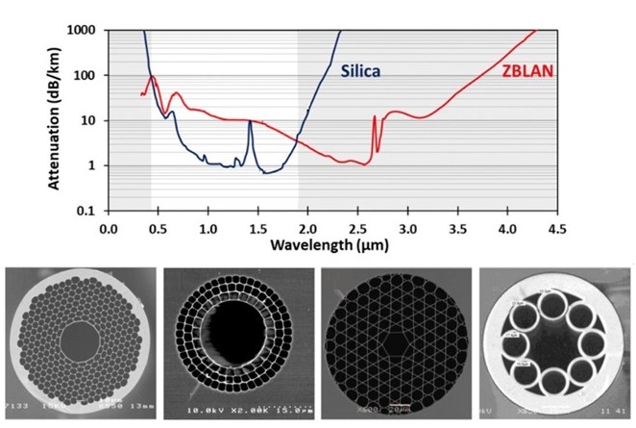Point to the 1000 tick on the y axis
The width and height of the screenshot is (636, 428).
(86, 31)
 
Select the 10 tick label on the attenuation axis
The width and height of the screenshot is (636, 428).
(91, 121)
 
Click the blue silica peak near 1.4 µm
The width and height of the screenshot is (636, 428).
(251, 121)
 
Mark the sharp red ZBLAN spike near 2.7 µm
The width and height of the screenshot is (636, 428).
(374, 117)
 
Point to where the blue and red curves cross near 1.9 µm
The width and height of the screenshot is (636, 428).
(299, 142)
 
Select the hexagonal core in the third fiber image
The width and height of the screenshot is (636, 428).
(392, 341)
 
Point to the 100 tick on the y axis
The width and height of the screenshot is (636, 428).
(87, 76)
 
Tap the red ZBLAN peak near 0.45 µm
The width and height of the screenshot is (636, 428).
(153, 77)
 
